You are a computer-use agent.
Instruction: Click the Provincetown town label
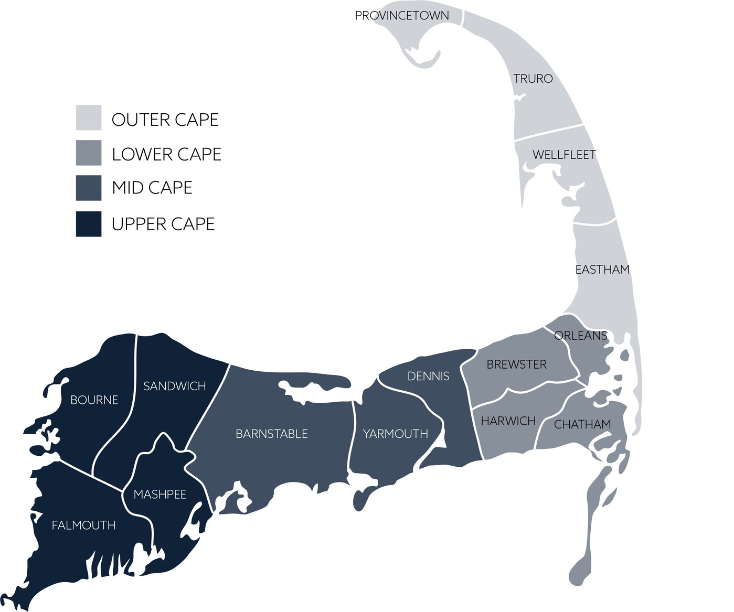point(402,16)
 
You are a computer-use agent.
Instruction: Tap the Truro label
point(533,79)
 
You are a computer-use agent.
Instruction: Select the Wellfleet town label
point(564,155)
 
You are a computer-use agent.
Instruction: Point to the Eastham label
point(602,270)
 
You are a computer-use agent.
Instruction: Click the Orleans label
point(580,336)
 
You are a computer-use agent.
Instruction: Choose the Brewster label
point(516,364)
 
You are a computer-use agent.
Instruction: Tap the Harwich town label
point(508,421)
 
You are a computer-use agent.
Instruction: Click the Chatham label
point(582,424)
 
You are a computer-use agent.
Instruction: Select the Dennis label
point(428,376)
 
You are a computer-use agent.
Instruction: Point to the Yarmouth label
point(396,434)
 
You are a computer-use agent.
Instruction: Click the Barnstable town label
point(271,434)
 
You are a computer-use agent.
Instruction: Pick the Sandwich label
point(174,386)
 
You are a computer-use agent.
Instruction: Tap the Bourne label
point(94,400)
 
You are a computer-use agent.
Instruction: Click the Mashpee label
point(160,495)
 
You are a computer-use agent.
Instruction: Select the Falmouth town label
point(83,525)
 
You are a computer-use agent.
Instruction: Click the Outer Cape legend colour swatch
point(89,117)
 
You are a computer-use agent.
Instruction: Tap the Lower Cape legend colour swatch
point(89,153)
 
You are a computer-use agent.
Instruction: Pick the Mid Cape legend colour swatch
point(89,188)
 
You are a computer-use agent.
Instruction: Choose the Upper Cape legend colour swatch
point(89,224)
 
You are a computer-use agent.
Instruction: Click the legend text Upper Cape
point(163,224)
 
